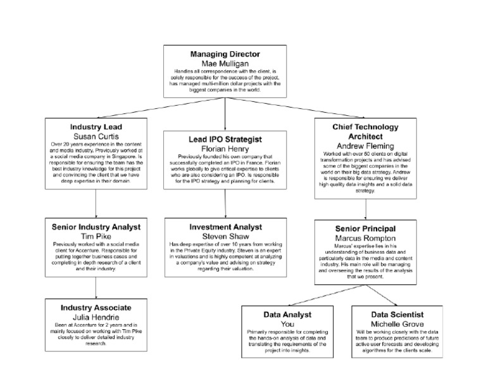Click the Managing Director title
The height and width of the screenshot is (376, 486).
[x=226, y=54]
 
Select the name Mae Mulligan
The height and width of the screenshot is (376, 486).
[x=226, y=63]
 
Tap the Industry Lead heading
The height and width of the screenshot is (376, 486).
[x=96, y=127]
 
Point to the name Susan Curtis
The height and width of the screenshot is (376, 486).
[x=96, y=136]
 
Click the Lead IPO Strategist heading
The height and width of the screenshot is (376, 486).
[x=227, y=139]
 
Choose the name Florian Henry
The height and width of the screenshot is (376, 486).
[x=227, y=148]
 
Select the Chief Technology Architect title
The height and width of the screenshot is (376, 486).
[x=366, y=131]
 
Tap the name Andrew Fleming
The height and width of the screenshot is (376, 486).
[x=366, y=145]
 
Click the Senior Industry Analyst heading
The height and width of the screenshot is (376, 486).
[x=96, y=226]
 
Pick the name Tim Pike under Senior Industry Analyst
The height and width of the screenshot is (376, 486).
[x=96, y=235]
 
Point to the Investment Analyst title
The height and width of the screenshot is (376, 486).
[x=227, y=226]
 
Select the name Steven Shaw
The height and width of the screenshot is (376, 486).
[x=227, y=235]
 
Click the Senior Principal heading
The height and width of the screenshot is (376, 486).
[x=366, y=228]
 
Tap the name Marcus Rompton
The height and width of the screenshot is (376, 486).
[x=366, y=237]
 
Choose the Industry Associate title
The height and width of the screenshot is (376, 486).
[x=96, y=307]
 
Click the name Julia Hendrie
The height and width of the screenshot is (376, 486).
[x=96, y=316]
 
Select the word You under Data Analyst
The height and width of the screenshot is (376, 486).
[x=288, y=323]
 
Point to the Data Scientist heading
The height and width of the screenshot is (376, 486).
[x=397, y=314]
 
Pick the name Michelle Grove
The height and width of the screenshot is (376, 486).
[x=397, y=323]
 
